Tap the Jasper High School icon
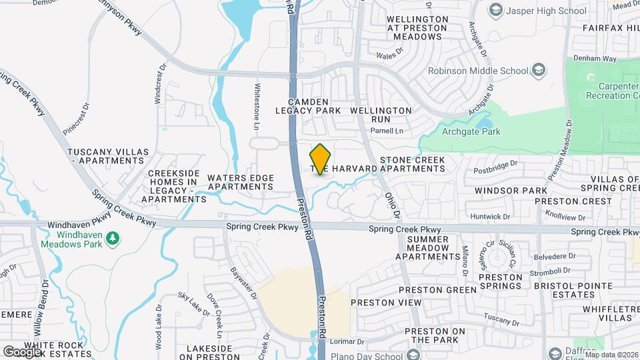point(495,9)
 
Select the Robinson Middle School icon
point(538,70)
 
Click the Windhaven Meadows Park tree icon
point(113,237)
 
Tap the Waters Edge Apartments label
point(241,182)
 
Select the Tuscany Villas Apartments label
point(107,157)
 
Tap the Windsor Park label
point(511,191)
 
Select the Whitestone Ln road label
point(257,106)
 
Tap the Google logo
point(22,351)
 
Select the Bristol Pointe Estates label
point(573,290)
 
